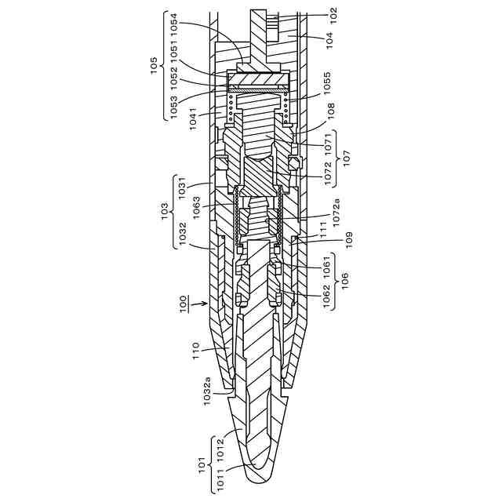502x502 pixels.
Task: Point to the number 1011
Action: [x=220, y=478]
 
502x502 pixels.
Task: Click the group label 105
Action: [x=153, y=63]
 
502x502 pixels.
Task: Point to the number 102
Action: [x=332, y=14]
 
